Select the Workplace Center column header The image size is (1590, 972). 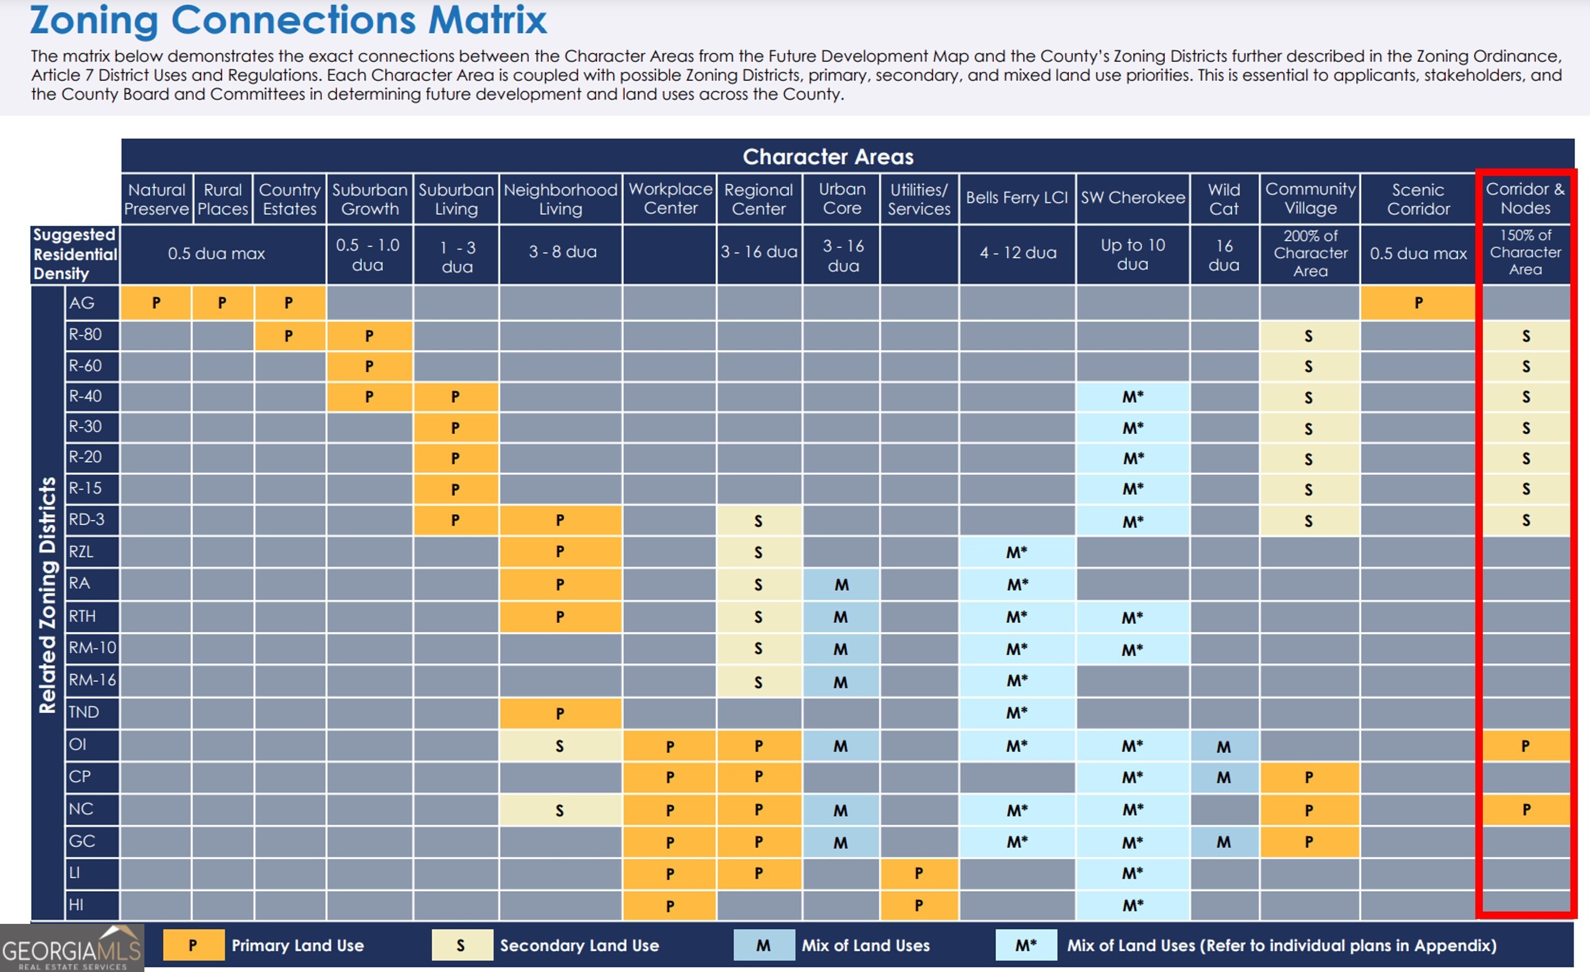coord(670,199)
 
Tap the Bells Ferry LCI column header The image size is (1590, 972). coord(1017,198)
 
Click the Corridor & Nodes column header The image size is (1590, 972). coord(1525,199)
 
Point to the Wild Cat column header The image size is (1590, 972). coord(1224,199)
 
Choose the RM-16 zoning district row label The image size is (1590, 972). coord(92,680)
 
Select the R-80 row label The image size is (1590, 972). coord(92,334)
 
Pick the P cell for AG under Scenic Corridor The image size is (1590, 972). coord(1418,303)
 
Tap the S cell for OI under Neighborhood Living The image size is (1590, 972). coord(560,746)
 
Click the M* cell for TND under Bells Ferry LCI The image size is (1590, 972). coord(1017,713)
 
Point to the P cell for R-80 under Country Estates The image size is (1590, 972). coord(289,335)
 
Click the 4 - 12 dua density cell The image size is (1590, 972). coord(1018,253)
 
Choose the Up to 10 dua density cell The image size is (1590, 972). coord(1132,254)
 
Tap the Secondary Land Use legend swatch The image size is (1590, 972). coord(461,945)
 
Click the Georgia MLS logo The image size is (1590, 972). coord(71,948)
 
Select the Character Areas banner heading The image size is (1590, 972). coord(828,157)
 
